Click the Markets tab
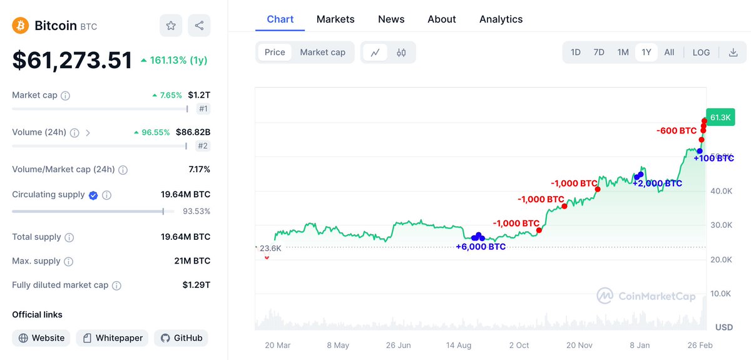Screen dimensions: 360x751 pos(335,19)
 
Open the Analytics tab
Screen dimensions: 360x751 pos(501,19)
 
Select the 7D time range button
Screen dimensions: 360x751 pos(599,53)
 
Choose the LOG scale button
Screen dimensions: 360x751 pos(701,53)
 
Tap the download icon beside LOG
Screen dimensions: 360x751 pos(733,53)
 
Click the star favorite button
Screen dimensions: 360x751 pos(171,26)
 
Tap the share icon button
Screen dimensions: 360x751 pos(199,26)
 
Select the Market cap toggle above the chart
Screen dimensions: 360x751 pos(322,53)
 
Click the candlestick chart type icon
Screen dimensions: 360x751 pos(402,53)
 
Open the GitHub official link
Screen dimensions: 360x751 pos(181,338)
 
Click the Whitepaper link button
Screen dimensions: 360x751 pos(113,338)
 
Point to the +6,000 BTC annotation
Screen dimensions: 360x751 pos(481,247)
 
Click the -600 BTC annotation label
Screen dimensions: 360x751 pos(677,131)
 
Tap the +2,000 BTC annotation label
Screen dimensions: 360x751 pos(657,183)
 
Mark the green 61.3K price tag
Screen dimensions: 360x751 pos(720,117)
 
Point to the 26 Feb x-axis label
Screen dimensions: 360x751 pos(700,345)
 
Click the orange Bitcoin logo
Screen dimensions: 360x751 pos(21,26)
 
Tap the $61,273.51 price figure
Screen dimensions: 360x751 pos(72,60)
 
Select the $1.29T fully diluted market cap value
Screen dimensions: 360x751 pos(196,285)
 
